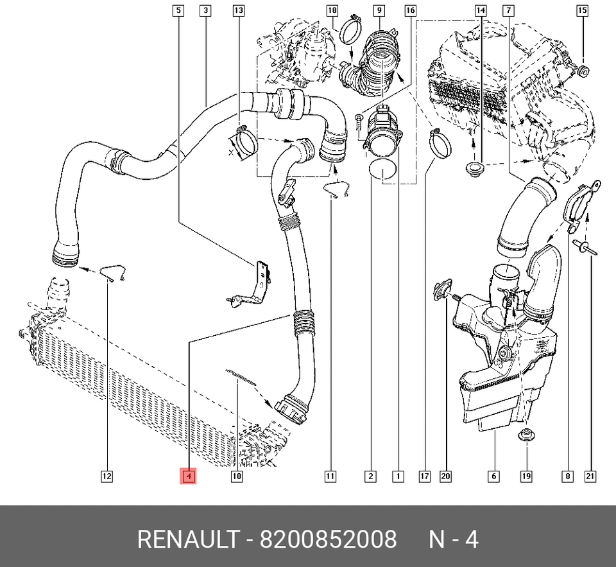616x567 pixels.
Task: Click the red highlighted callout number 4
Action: pyautogui.click(x=188, y=476)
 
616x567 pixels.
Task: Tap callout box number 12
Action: pyautogui.click(x=107, y=476)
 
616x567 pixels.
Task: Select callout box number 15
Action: pyautogui.click(x=582, y=10)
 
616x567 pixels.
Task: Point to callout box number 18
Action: pyautogui.click(x=332, y=10)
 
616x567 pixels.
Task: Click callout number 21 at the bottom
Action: pyautogui.click(x=590, y=476)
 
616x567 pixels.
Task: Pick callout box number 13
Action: pyautogui.click(x=239, y=10)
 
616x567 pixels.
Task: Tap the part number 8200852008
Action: pyautogui.click(x=328, y=539)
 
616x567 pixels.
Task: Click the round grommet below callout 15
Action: pyautogui.click(x=583, y=72)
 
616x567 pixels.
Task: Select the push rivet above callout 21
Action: pyautogui.click(x=586, y=247)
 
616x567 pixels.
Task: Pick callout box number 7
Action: pyautogui.click(x=508, y=10)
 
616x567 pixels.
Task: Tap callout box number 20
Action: pyautogui.click(x=445, y=476)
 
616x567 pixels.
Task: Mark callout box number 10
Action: pyautogui.click(x=237, y=476)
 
